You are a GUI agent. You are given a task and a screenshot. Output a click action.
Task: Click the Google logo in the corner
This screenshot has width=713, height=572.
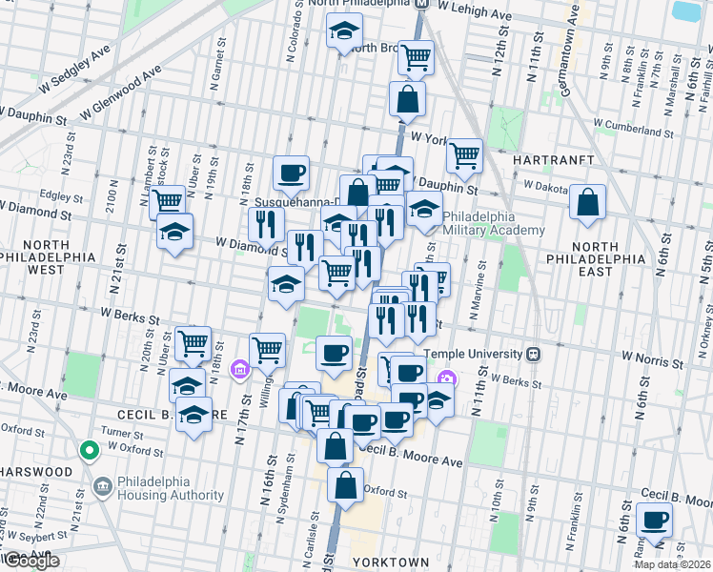point(31,560)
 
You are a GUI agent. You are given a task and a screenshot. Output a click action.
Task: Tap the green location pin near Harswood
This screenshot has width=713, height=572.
point(89,449)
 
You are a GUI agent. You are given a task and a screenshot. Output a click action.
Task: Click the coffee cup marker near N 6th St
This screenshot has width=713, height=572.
point(654,521)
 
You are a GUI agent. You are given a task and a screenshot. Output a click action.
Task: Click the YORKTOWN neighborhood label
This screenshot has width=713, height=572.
point(390,562)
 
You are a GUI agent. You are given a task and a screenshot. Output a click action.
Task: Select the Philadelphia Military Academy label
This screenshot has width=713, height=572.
point(493,223)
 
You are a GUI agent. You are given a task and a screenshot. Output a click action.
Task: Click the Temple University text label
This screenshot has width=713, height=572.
point(472,354)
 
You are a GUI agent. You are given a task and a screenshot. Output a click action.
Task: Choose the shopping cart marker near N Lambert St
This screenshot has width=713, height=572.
point(168,201)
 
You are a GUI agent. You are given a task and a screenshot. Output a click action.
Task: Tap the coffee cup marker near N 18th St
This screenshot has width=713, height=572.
point(292,173)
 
